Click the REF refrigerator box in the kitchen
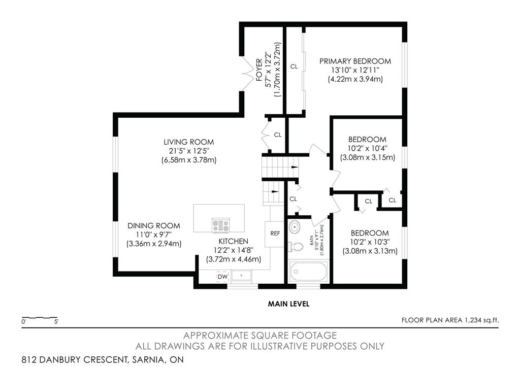click(275, 233)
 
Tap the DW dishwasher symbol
click(223, 277)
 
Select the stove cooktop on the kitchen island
click(221, 225)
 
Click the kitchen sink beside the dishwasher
click(241, 276)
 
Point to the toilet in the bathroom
click(296, 247)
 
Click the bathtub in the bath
click(309, 272)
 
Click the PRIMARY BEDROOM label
click(355, 61)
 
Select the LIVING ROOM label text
click(189, 142)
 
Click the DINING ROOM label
click(154, 226)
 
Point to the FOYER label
click(259, 70)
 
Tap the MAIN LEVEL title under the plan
click(288, 304)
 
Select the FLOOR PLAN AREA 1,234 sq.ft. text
click(450, 320)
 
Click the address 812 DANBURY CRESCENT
click(75, 359)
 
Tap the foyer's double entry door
click(247, 74)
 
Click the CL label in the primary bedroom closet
click(294, 66)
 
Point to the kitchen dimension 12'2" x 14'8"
click(234, 250)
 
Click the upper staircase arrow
click(295, 167)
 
